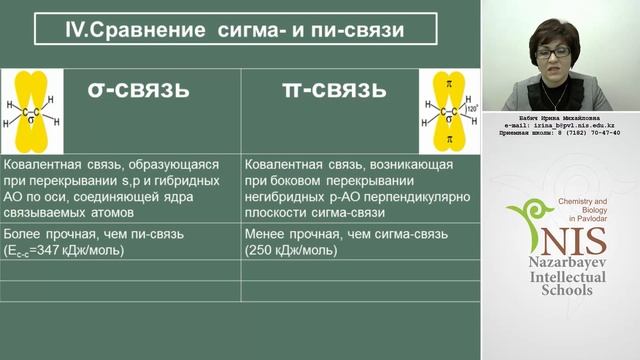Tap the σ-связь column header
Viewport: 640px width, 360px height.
[138, 89]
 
